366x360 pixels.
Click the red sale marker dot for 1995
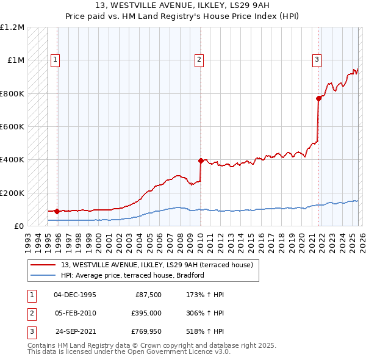coord(57,211)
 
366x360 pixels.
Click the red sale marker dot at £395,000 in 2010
coord(200,160)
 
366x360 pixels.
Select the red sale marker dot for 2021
coord(318,98)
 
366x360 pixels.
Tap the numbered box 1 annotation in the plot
coord(56,60)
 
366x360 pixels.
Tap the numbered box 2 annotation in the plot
coord(199,60)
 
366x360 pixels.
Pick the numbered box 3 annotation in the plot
coord(317,60)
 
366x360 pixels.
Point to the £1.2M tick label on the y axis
coord(12,27)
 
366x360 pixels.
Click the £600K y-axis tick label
coord(12,127)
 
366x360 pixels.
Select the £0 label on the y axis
coord(18,226)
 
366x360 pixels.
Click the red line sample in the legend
coord(43,265)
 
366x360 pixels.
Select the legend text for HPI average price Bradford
coord(132,275)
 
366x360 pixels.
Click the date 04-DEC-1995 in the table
coord(75,295)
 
